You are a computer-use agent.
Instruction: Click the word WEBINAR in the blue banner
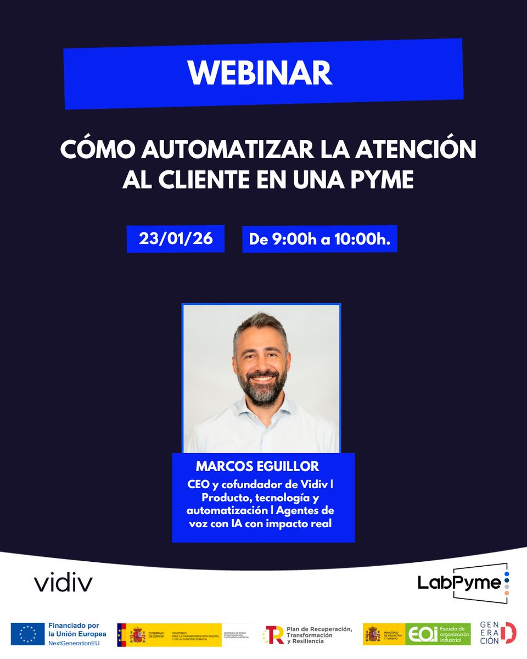[260, 72]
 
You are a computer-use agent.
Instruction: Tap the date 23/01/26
[176, 239]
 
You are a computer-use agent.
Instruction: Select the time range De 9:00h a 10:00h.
[319, 239]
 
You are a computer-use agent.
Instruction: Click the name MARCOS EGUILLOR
[257, 467]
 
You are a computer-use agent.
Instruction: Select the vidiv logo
[63, 583]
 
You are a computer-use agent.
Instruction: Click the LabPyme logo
[462, 583]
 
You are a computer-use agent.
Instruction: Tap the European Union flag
[27, 634]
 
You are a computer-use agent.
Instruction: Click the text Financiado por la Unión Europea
[77, 630]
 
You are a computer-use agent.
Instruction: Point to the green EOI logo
[438, 634]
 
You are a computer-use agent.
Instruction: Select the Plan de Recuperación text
[318, 629]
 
